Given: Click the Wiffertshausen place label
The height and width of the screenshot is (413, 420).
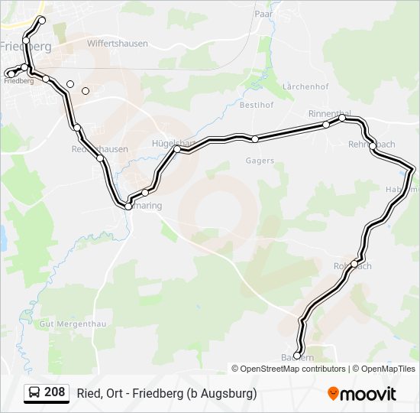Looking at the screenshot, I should (117, 44).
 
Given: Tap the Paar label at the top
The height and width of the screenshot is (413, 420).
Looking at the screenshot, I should (263, 14).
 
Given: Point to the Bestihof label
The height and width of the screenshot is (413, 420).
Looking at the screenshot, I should (257, 103).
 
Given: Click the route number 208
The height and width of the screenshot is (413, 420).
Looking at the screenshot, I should (54, 392).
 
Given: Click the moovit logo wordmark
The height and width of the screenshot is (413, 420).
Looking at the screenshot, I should (368, 394).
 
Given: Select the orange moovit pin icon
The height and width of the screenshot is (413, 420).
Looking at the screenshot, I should (333, 393).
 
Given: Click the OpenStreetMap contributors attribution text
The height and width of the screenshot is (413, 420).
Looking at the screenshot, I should (293, 369).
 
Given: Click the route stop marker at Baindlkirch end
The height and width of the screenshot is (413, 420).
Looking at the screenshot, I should (297, 356).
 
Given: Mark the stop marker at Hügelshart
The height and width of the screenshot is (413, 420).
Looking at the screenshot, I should (176, 149).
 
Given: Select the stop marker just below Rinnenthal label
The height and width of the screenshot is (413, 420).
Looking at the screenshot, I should (326, 124).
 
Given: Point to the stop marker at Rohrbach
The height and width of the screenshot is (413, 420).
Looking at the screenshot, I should (354, 264).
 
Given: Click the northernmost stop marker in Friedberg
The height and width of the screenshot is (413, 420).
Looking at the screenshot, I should (41, 19).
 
